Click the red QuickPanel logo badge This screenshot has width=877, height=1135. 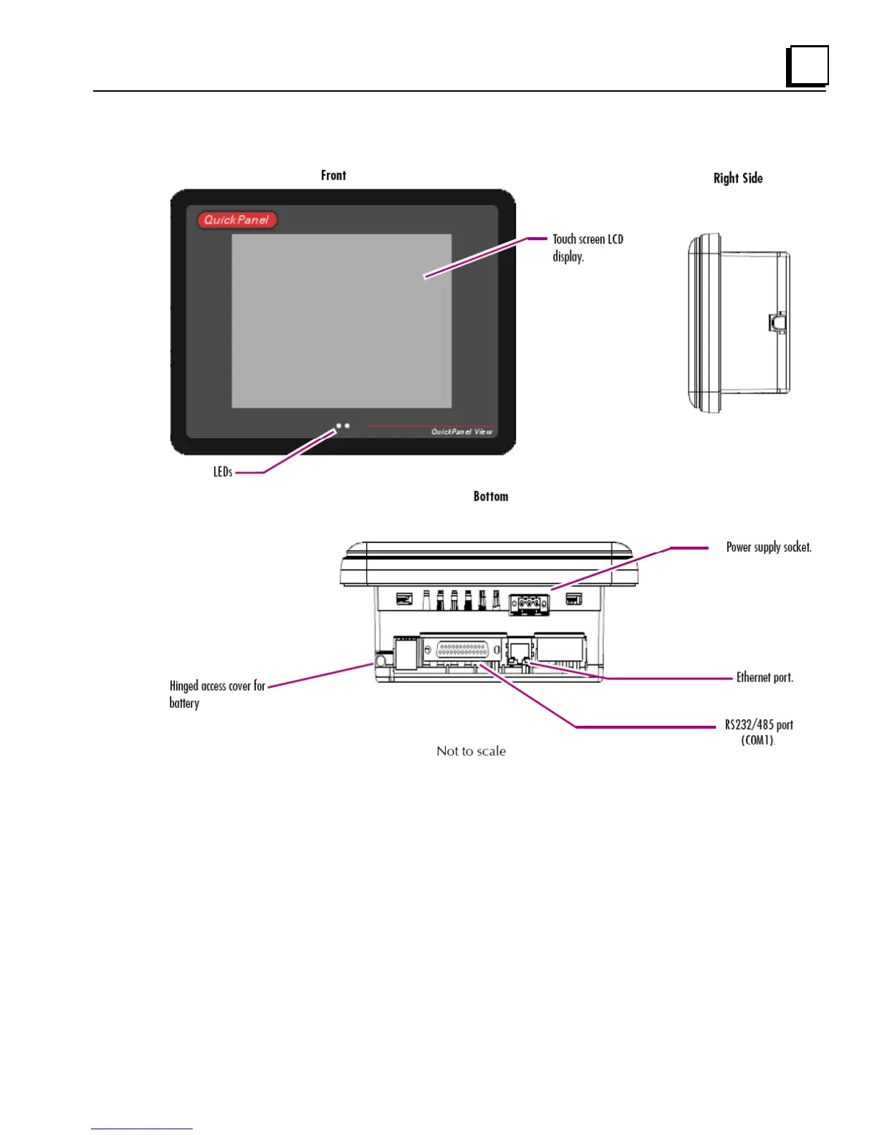click(237, 220)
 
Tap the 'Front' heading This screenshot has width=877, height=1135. click(333, 176)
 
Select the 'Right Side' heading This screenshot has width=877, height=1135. click(737, 178)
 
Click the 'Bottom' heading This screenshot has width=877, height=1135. click(490, 497)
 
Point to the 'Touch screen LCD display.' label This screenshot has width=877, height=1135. click(587, 248)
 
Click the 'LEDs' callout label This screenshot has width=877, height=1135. click(223, 472)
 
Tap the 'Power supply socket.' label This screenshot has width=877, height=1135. click(768, 547)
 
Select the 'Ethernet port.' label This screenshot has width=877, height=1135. click(765, 678)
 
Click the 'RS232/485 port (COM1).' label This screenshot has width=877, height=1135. click(758, 732)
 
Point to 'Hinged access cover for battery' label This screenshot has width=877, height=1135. click(216, 694)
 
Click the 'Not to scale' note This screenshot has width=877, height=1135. click(471, 752)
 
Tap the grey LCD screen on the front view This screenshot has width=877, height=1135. click(341, 321)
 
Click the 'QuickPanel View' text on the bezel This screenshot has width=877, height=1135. click(461, 432)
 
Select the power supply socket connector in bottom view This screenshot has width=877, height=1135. click(529, 605)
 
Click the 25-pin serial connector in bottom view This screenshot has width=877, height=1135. click(462, 650)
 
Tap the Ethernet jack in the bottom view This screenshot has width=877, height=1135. click(519, 652)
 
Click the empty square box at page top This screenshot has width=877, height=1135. click(807, 66)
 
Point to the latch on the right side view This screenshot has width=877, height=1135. click(776, 322)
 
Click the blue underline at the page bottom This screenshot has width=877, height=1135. click(142, 1129)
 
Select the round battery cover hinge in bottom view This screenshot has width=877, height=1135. click(382, 661)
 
